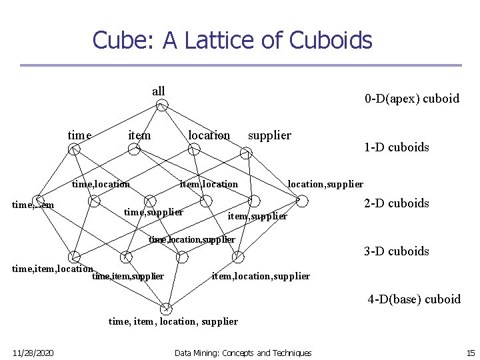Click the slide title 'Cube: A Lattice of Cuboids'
[232, 40]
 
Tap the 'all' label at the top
[159, 91]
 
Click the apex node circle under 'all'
[162, 105]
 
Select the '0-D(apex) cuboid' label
[411, 99]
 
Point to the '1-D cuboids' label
[396, 147]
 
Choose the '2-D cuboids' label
[396, 203]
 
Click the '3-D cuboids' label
[396, 251]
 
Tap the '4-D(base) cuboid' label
[413, 299]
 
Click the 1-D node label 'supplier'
[269, 135]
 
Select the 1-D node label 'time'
[79, 135]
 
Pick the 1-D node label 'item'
[139, 135]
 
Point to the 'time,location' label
[101, 184]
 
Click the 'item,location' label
[209, 184]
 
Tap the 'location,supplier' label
[325, 183]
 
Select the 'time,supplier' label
[154, 212]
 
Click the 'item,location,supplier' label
[261, 276]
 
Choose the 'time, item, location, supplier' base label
[173, 321]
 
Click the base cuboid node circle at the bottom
[166, 308]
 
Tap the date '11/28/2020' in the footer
[33, 353]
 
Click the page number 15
[470, 353]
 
